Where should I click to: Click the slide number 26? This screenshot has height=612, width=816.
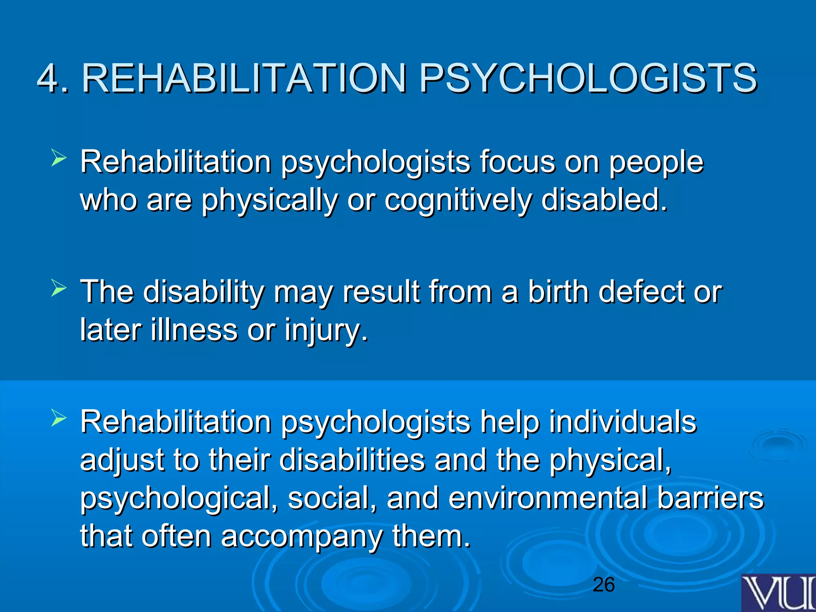pos(604,585)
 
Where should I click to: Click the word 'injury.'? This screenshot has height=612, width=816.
pos(326,331)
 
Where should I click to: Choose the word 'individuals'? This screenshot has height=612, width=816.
pos(623,422)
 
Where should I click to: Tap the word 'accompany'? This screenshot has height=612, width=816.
pos(302,537)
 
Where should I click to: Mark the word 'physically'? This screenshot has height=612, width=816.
pos(269,200)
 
